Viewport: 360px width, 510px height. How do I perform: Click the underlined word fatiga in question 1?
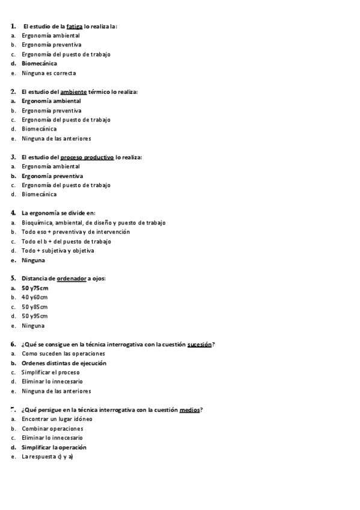pos(75,26)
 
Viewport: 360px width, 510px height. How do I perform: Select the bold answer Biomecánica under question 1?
pos(39,63)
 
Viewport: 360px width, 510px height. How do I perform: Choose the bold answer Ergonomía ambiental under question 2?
pos(51,101)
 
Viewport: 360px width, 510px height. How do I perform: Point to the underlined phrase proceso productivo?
pos(87,157)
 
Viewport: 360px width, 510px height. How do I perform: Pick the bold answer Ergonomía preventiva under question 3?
pos(52,176)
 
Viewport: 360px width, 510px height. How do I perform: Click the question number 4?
pos(13,213)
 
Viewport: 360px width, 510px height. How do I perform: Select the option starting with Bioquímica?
pos(93,223)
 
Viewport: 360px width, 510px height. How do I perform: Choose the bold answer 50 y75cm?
pos(35,288)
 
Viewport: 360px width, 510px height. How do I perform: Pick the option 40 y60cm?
pos(35,297)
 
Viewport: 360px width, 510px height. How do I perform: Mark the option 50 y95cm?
pos(35,316)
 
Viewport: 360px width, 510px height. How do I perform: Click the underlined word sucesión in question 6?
pos(200,345)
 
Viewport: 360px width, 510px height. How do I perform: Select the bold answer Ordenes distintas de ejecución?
pos(64,363)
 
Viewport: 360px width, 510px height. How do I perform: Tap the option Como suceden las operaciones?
pos(63,354)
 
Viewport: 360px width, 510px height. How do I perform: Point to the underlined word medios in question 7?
pos(190,410)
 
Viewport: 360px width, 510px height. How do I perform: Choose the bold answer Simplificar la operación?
pos(54,447)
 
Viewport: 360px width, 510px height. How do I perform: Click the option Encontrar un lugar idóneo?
pos(57,419)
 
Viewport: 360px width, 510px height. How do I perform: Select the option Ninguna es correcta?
pos(49,73)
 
